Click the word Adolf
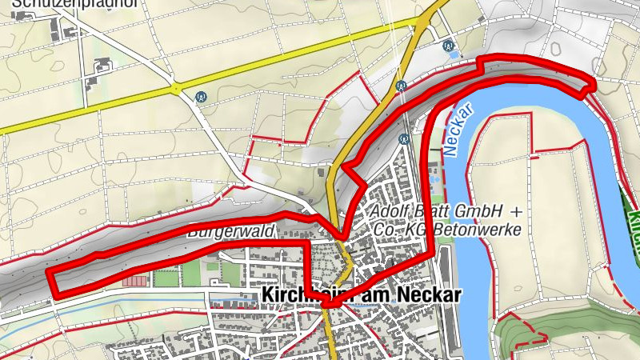click(x=390, y=211)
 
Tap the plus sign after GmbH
click(x=516, y=211)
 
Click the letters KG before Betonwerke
click(x=418, y=230)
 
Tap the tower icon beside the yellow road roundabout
click(x=202, y=98)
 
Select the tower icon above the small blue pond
click(x=450, y=46)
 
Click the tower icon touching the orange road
click(x=401, y=85)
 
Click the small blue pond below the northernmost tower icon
click(x=454, y=56)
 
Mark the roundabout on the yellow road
click(x=174, y=86)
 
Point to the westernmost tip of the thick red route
click(x=49, y=273)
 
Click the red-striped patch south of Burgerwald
click(x=136, y=282)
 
